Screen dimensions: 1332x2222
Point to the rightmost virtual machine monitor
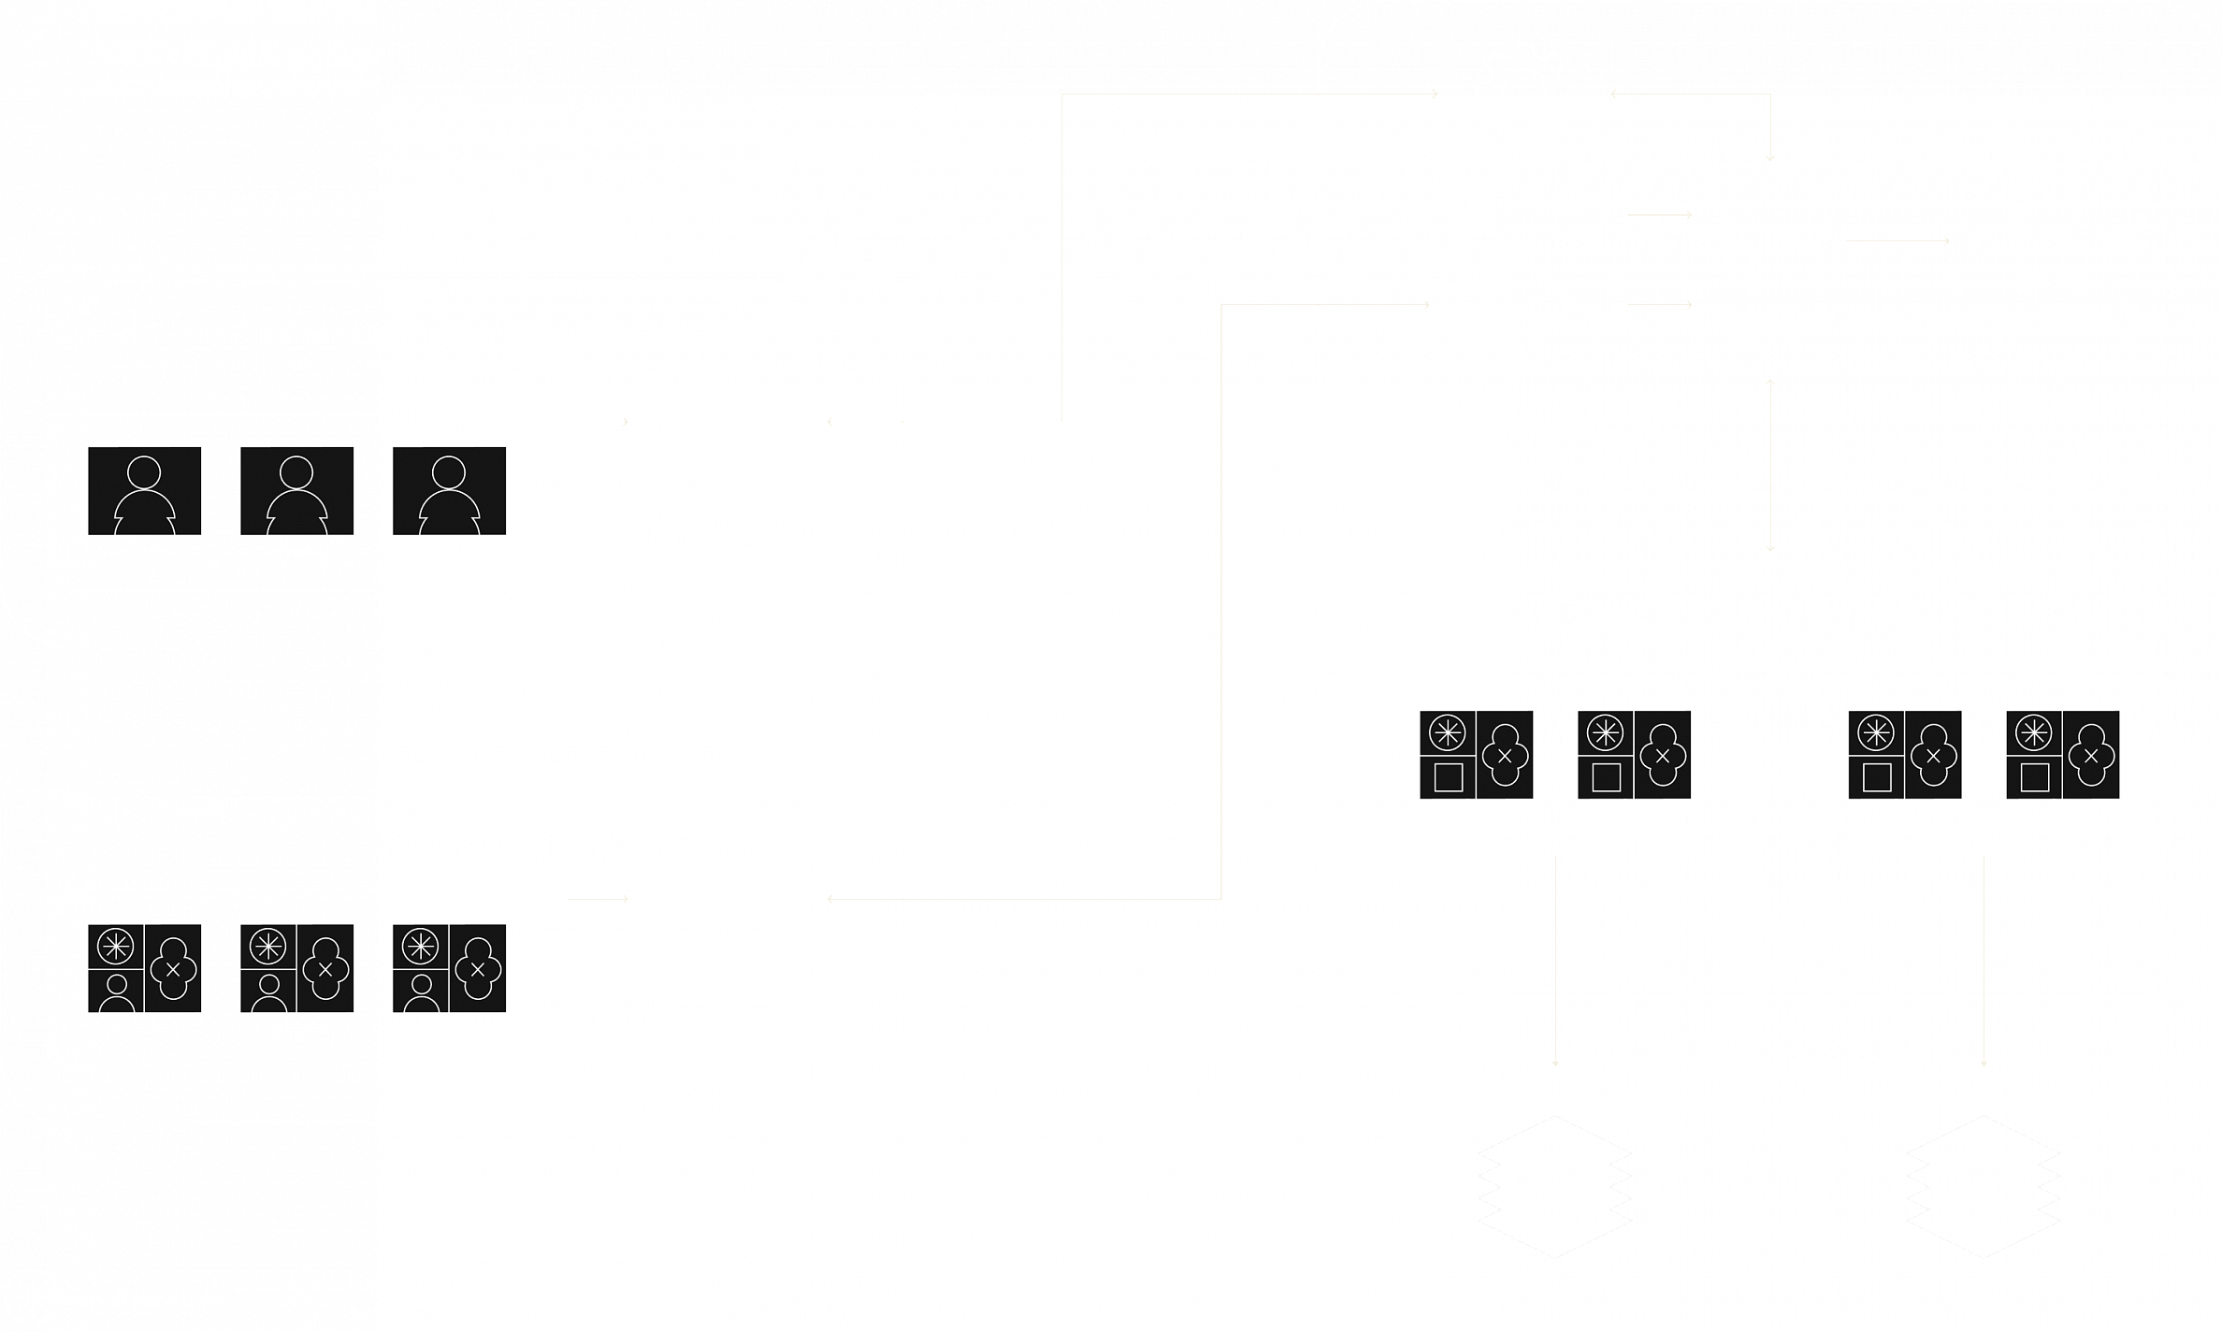[x=2062, y=761]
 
